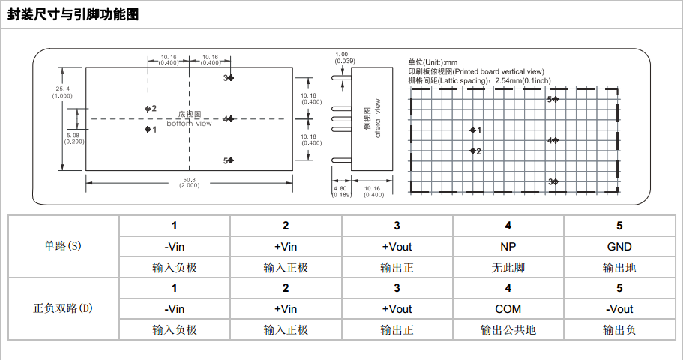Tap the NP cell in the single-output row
tap(508, 247)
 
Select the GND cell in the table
tap(619, 247)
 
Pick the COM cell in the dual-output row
tap(508, 309)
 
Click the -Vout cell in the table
tap(619, 309)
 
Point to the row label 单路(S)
tap(63, 246)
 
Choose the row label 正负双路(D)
tap(63, 308)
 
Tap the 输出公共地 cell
tap(508, 329)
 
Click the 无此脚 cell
tap(508, 267)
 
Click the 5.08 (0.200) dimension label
tap(75, 138)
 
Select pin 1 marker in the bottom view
tap(148, 130)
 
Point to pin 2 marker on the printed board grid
tap(473, 151)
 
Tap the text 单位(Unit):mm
tap(433, 62)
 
